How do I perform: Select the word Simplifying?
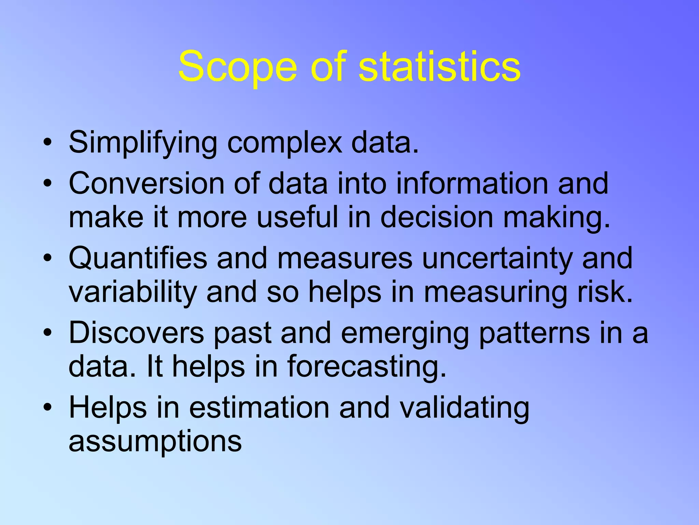pos(143,143)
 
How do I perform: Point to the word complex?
pos(284,143)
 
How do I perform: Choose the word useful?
pos(297,217)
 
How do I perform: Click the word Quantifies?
pos(138,258)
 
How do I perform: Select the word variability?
pos(133,293)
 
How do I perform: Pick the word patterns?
pos(534,333)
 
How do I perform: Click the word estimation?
pos(259,407)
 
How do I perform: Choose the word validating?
pos(465,408)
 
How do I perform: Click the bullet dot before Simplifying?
pos(48,143)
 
